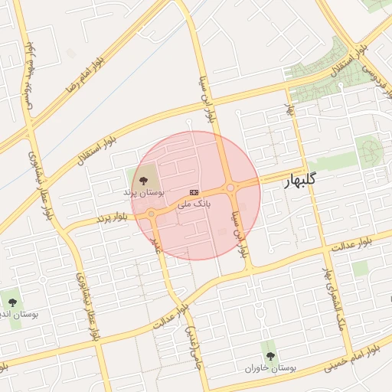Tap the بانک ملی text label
194,204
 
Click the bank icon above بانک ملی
194,191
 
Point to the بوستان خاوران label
270,367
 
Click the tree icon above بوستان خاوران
269,354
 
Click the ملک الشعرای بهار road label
330,295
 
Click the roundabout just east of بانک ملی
230,188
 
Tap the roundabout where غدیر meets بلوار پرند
152,215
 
